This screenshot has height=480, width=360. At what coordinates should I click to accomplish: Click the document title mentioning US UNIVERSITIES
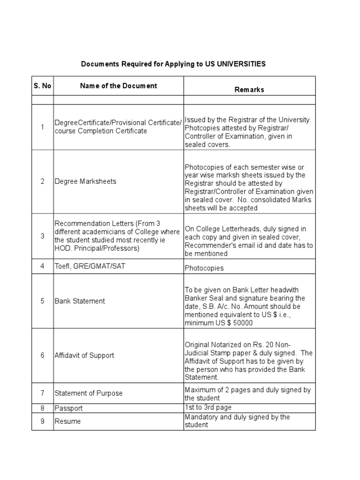point(173,64)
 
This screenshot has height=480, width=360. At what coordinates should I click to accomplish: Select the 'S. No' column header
point(42,86)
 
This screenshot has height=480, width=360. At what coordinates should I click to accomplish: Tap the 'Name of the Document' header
point(118,86)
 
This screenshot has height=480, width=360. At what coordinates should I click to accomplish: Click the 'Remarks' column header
point(249,90)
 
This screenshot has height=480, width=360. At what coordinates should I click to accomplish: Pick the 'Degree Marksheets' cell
point(85,181)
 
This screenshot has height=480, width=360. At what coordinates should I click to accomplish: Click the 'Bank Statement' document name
point(80,301)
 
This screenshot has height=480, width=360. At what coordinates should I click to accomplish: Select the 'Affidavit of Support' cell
point(84,355)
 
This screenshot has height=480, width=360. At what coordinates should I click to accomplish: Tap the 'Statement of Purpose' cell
point(89,393)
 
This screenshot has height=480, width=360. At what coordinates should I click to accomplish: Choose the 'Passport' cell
point(68,408)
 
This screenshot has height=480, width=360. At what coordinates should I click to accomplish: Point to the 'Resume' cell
point(67,421)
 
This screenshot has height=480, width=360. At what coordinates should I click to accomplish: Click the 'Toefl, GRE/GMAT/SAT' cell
point(90,266)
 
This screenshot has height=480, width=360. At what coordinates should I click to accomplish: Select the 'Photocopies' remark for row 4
point(204,268)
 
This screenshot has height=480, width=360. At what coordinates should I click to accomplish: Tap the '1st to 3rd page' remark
point(208,407)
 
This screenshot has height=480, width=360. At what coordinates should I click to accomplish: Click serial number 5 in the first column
point(42,301)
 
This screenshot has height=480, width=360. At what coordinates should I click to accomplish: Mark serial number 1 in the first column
point(42,127)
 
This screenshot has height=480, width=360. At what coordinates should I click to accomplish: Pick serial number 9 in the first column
point(42,421)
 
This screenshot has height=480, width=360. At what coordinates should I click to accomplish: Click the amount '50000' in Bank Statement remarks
point(242,323)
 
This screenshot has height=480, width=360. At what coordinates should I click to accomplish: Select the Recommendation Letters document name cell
point(117,236)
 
